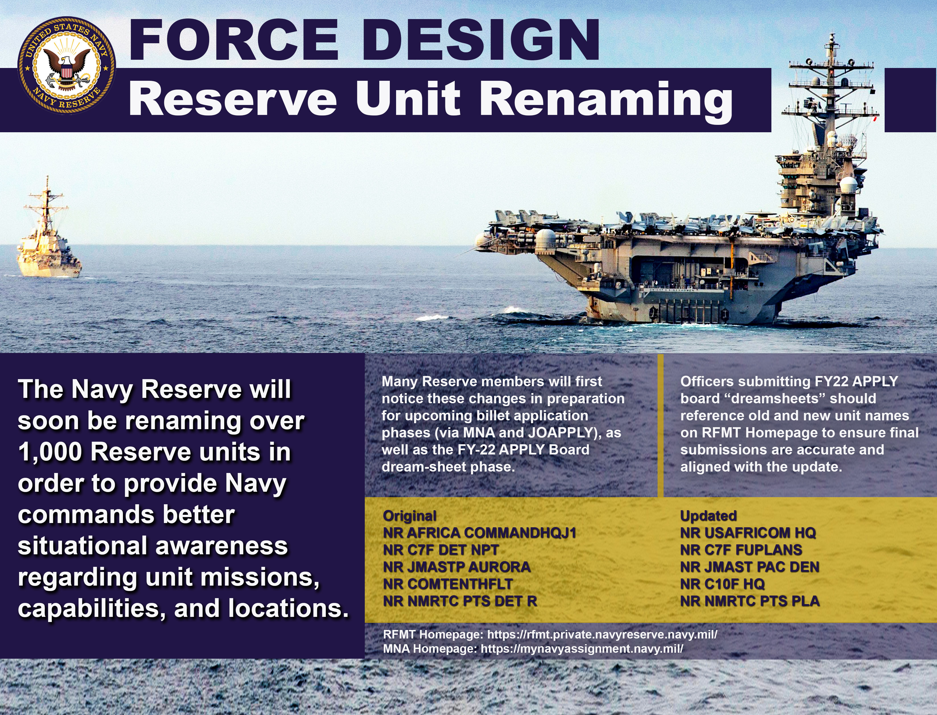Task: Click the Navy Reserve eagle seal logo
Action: point(66,66)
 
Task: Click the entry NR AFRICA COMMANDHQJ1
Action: point(479,533)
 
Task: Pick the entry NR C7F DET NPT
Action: point(441,550)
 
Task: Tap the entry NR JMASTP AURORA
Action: point(457,567)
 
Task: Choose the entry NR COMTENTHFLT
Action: point(448,584)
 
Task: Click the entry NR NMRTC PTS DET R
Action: point(460,601)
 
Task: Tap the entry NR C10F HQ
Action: point(722,584)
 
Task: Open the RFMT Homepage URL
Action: point(602,635)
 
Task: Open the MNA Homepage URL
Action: point(582,649)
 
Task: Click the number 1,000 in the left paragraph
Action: point(50,452)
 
